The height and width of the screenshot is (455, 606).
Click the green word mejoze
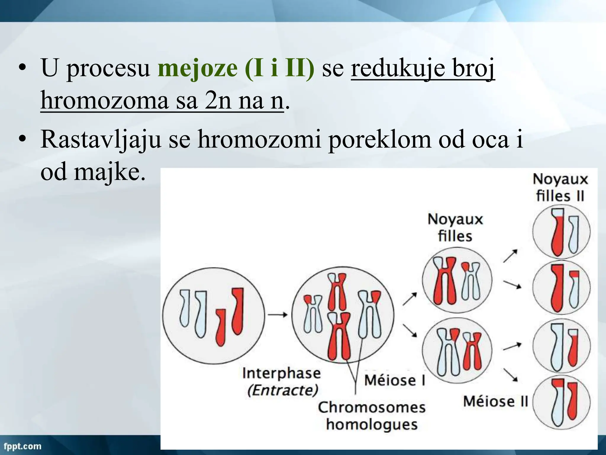click(x=197, y=69)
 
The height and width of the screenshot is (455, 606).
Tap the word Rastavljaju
click(x=101, y=139)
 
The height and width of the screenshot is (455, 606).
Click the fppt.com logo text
click(x=22, y=446)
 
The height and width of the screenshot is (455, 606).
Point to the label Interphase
click(x=281, y=373)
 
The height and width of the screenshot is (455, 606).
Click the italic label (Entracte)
click(x=283, y=390)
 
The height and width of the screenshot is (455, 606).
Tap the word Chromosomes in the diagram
click(x=372, y=408)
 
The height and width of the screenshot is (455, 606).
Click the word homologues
click(x=372, y=424)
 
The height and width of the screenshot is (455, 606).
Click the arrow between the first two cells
click(x=278, y=315)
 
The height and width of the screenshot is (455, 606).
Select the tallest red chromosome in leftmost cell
click(x=237, y=311)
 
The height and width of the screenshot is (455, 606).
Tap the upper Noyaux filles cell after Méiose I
click(x=457, y=280)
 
